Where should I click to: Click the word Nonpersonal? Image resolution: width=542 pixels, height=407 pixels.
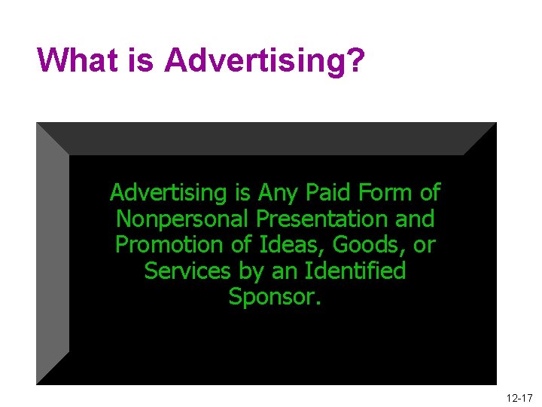(x=183, y=219)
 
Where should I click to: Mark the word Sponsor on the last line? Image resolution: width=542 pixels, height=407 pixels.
(x=272, y=297)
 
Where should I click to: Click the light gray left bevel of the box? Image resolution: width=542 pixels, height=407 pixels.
(x=53, y=253)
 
